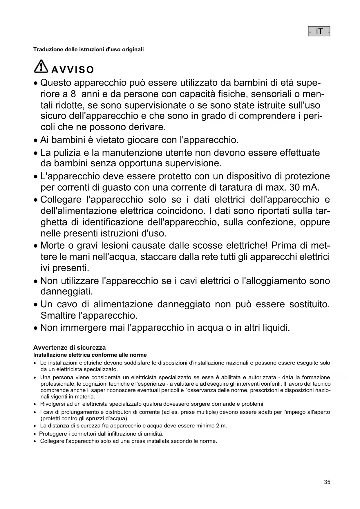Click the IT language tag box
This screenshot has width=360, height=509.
(x=319, y=31)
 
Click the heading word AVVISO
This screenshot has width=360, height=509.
(x=73, y=70)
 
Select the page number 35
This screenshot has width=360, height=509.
(x=327, y=482)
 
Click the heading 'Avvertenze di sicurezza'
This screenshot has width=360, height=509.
(x=70, y=348)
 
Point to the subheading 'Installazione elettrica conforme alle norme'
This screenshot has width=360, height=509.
(x=90, y=355)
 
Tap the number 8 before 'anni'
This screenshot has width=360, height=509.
(x=73, y=94)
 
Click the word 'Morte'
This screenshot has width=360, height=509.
(x=53, y=246)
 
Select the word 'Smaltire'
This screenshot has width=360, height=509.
(x=58, y=315)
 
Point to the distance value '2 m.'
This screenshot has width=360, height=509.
(x=222, y=426)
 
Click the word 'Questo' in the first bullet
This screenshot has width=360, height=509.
(x=56, y=83)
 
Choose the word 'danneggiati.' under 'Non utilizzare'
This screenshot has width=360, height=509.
(x=67, y=291)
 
